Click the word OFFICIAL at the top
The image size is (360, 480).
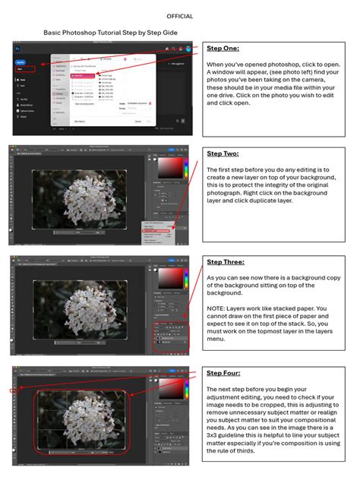coord(179,16)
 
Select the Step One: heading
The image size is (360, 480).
coord(223,49)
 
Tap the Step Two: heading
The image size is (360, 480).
coord(223,153)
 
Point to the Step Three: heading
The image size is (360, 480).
coord(226,262)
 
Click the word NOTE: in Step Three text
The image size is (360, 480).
coord(217,309)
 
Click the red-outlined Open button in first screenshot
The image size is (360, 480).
coord(21,68)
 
